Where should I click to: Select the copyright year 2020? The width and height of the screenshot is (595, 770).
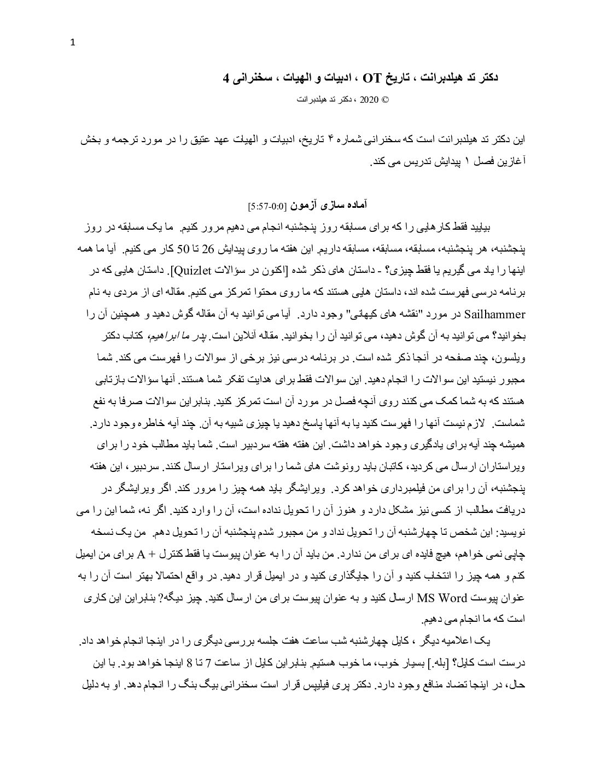tap(369, 100)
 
